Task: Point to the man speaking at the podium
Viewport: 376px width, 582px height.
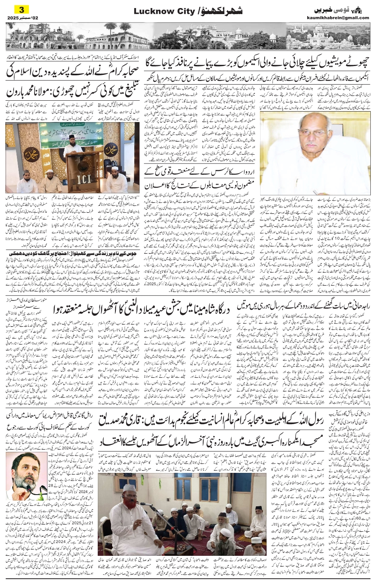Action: (72, 145)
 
